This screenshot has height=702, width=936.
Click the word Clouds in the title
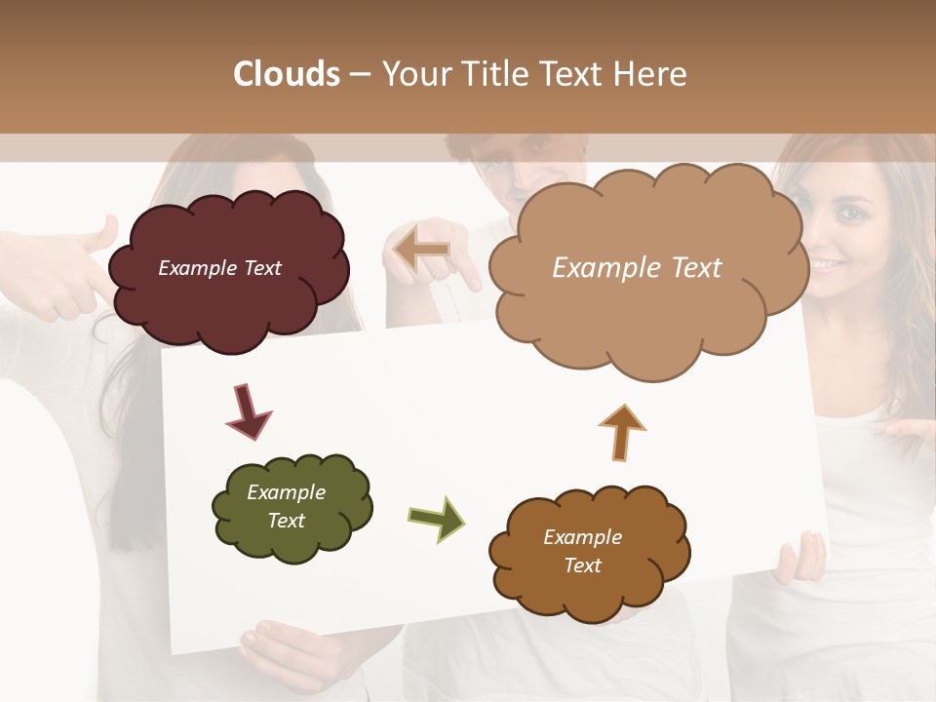(x=287, y=74)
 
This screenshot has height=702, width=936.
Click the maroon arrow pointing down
(x=248, y=410)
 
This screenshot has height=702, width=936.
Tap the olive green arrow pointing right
(x=437, y=519)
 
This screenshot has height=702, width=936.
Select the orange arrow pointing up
(x=622, y=431)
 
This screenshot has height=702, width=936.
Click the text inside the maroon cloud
(x=219, y=268)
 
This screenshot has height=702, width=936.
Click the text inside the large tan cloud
(x=637, y=268)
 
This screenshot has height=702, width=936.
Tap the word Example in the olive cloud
(x=286, y=492)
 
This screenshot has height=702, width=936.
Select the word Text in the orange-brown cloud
(x=582, y=565)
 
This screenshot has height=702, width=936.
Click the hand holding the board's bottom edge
(x=292, y=653)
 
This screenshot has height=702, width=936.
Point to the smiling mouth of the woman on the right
(x=831, y=264)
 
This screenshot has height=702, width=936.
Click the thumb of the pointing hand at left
(x=97, y=234)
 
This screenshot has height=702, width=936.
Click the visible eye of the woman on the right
(x=852, y=213)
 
